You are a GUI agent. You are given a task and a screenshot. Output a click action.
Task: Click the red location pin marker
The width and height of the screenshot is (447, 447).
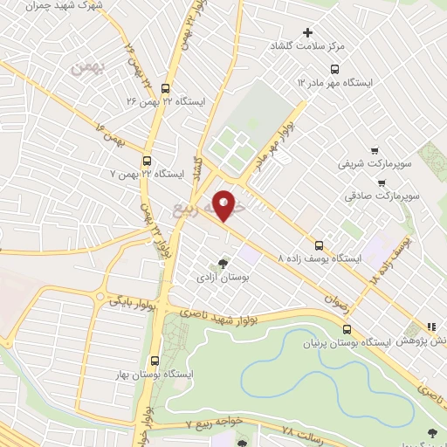(x=224, y=204)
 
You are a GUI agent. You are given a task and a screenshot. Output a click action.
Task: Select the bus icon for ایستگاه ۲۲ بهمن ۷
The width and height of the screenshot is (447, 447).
(x=146, y=161)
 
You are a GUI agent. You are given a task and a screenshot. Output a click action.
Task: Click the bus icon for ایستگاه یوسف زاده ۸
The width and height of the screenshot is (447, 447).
(x=319, y=245)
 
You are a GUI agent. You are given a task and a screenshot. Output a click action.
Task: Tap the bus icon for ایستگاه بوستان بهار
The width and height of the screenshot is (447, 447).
(x=155, y=360)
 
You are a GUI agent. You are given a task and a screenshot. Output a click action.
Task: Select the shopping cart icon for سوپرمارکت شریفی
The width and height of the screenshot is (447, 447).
(x=375, y=151)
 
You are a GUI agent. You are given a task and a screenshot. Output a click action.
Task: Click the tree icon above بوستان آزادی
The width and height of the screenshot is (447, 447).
(x=223, y=263)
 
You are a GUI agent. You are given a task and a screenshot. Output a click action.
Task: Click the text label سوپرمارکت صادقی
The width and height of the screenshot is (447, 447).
(x=380, y=196)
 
